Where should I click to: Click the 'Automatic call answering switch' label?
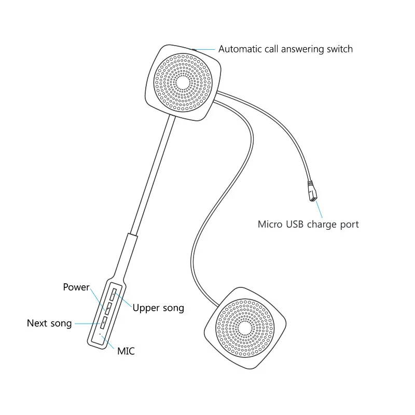tap(285, 49)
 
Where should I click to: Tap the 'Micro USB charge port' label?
tap(308, 225)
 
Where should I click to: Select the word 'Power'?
tap(76, 287)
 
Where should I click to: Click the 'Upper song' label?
tap(158, 308)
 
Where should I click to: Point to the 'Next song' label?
tap(49, 323)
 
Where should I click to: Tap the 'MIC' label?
tap(126, 351)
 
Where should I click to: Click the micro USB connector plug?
tap(313, 191)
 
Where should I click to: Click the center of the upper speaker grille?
tap(183, 82)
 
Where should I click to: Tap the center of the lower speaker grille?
tap(245, 328)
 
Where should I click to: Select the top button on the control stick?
tap(113, 295)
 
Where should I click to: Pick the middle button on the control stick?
tap(108, 309)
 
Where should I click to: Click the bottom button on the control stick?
tap(103, 323)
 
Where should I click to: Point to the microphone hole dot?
tap(100, 334)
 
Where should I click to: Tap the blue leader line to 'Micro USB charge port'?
tap(319, 210)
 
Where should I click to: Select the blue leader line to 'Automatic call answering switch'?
tap(204, 49)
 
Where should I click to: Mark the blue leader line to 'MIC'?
tap(107, 342)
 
